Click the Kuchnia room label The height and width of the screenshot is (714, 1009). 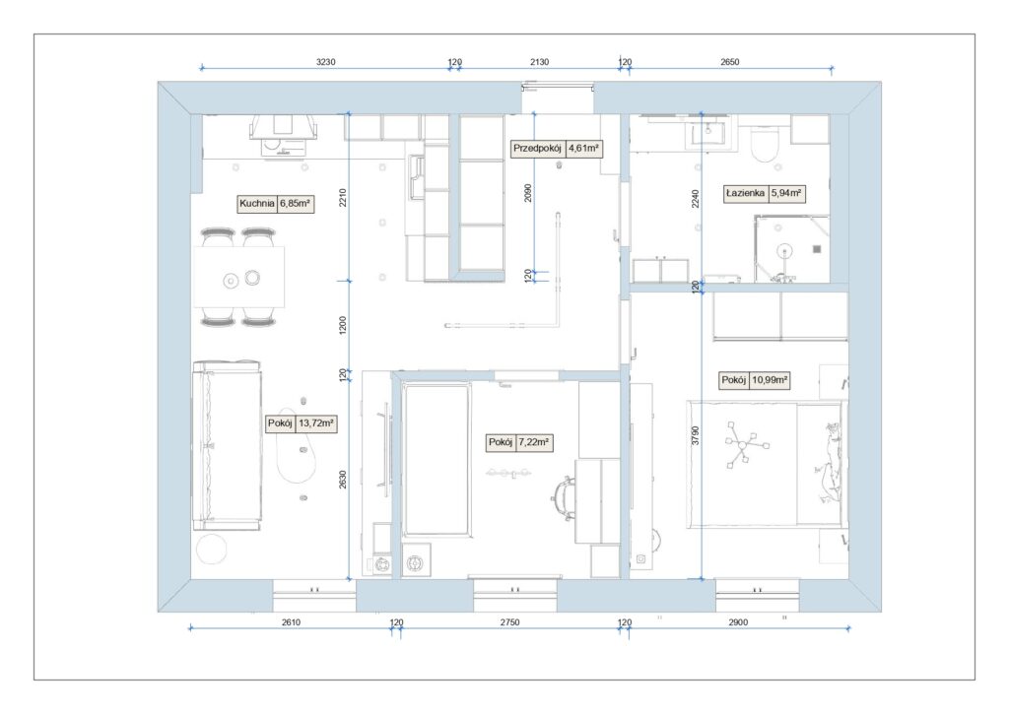pyautogui.click(x=257, y=204)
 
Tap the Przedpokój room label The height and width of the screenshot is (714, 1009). pyautogui.click(x=537, y=149)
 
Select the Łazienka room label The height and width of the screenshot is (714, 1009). pyautogui.click(x=745, y=193)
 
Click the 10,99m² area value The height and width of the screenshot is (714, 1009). pyautogui.click(x=770, y=380)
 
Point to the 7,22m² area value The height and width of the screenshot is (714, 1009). pyautogui.click(x=533, y=442)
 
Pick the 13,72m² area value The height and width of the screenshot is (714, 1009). pyautogui.click(x=316, y=423)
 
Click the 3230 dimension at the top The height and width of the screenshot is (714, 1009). pyautogui.click(x=325, y=62)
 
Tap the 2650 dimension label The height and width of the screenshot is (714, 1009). pyautogui.click(x=730, y=62)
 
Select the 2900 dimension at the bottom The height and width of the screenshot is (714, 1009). pyautogui.click(x=738, y=622)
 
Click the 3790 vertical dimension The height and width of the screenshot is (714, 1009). pyautogui.click(x=695, y=435)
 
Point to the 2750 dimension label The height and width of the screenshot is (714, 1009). pyautogui.click(x=509, y=622)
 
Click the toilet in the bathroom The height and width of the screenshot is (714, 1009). pyautogui.click(x=765, y=144)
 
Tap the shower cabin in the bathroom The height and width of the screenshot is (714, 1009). pyautogui.click(x=792, y=249)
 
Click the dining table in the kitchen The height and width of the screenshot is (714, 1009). pyautogui.click(x=239, y=278)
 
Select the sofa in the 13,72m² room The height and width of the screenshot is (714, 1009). pyautogui.click(x=228, y=445)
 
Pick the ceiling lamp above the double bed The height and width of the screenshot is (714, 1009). pyautogui.click(x=747, y=444)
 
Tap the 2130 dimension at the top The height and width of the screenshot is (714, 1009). pyautogui.click(x=539, y=62)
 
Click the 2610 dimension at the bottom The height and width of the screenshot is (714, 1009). pyautogui.click(x=291, y=622)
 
